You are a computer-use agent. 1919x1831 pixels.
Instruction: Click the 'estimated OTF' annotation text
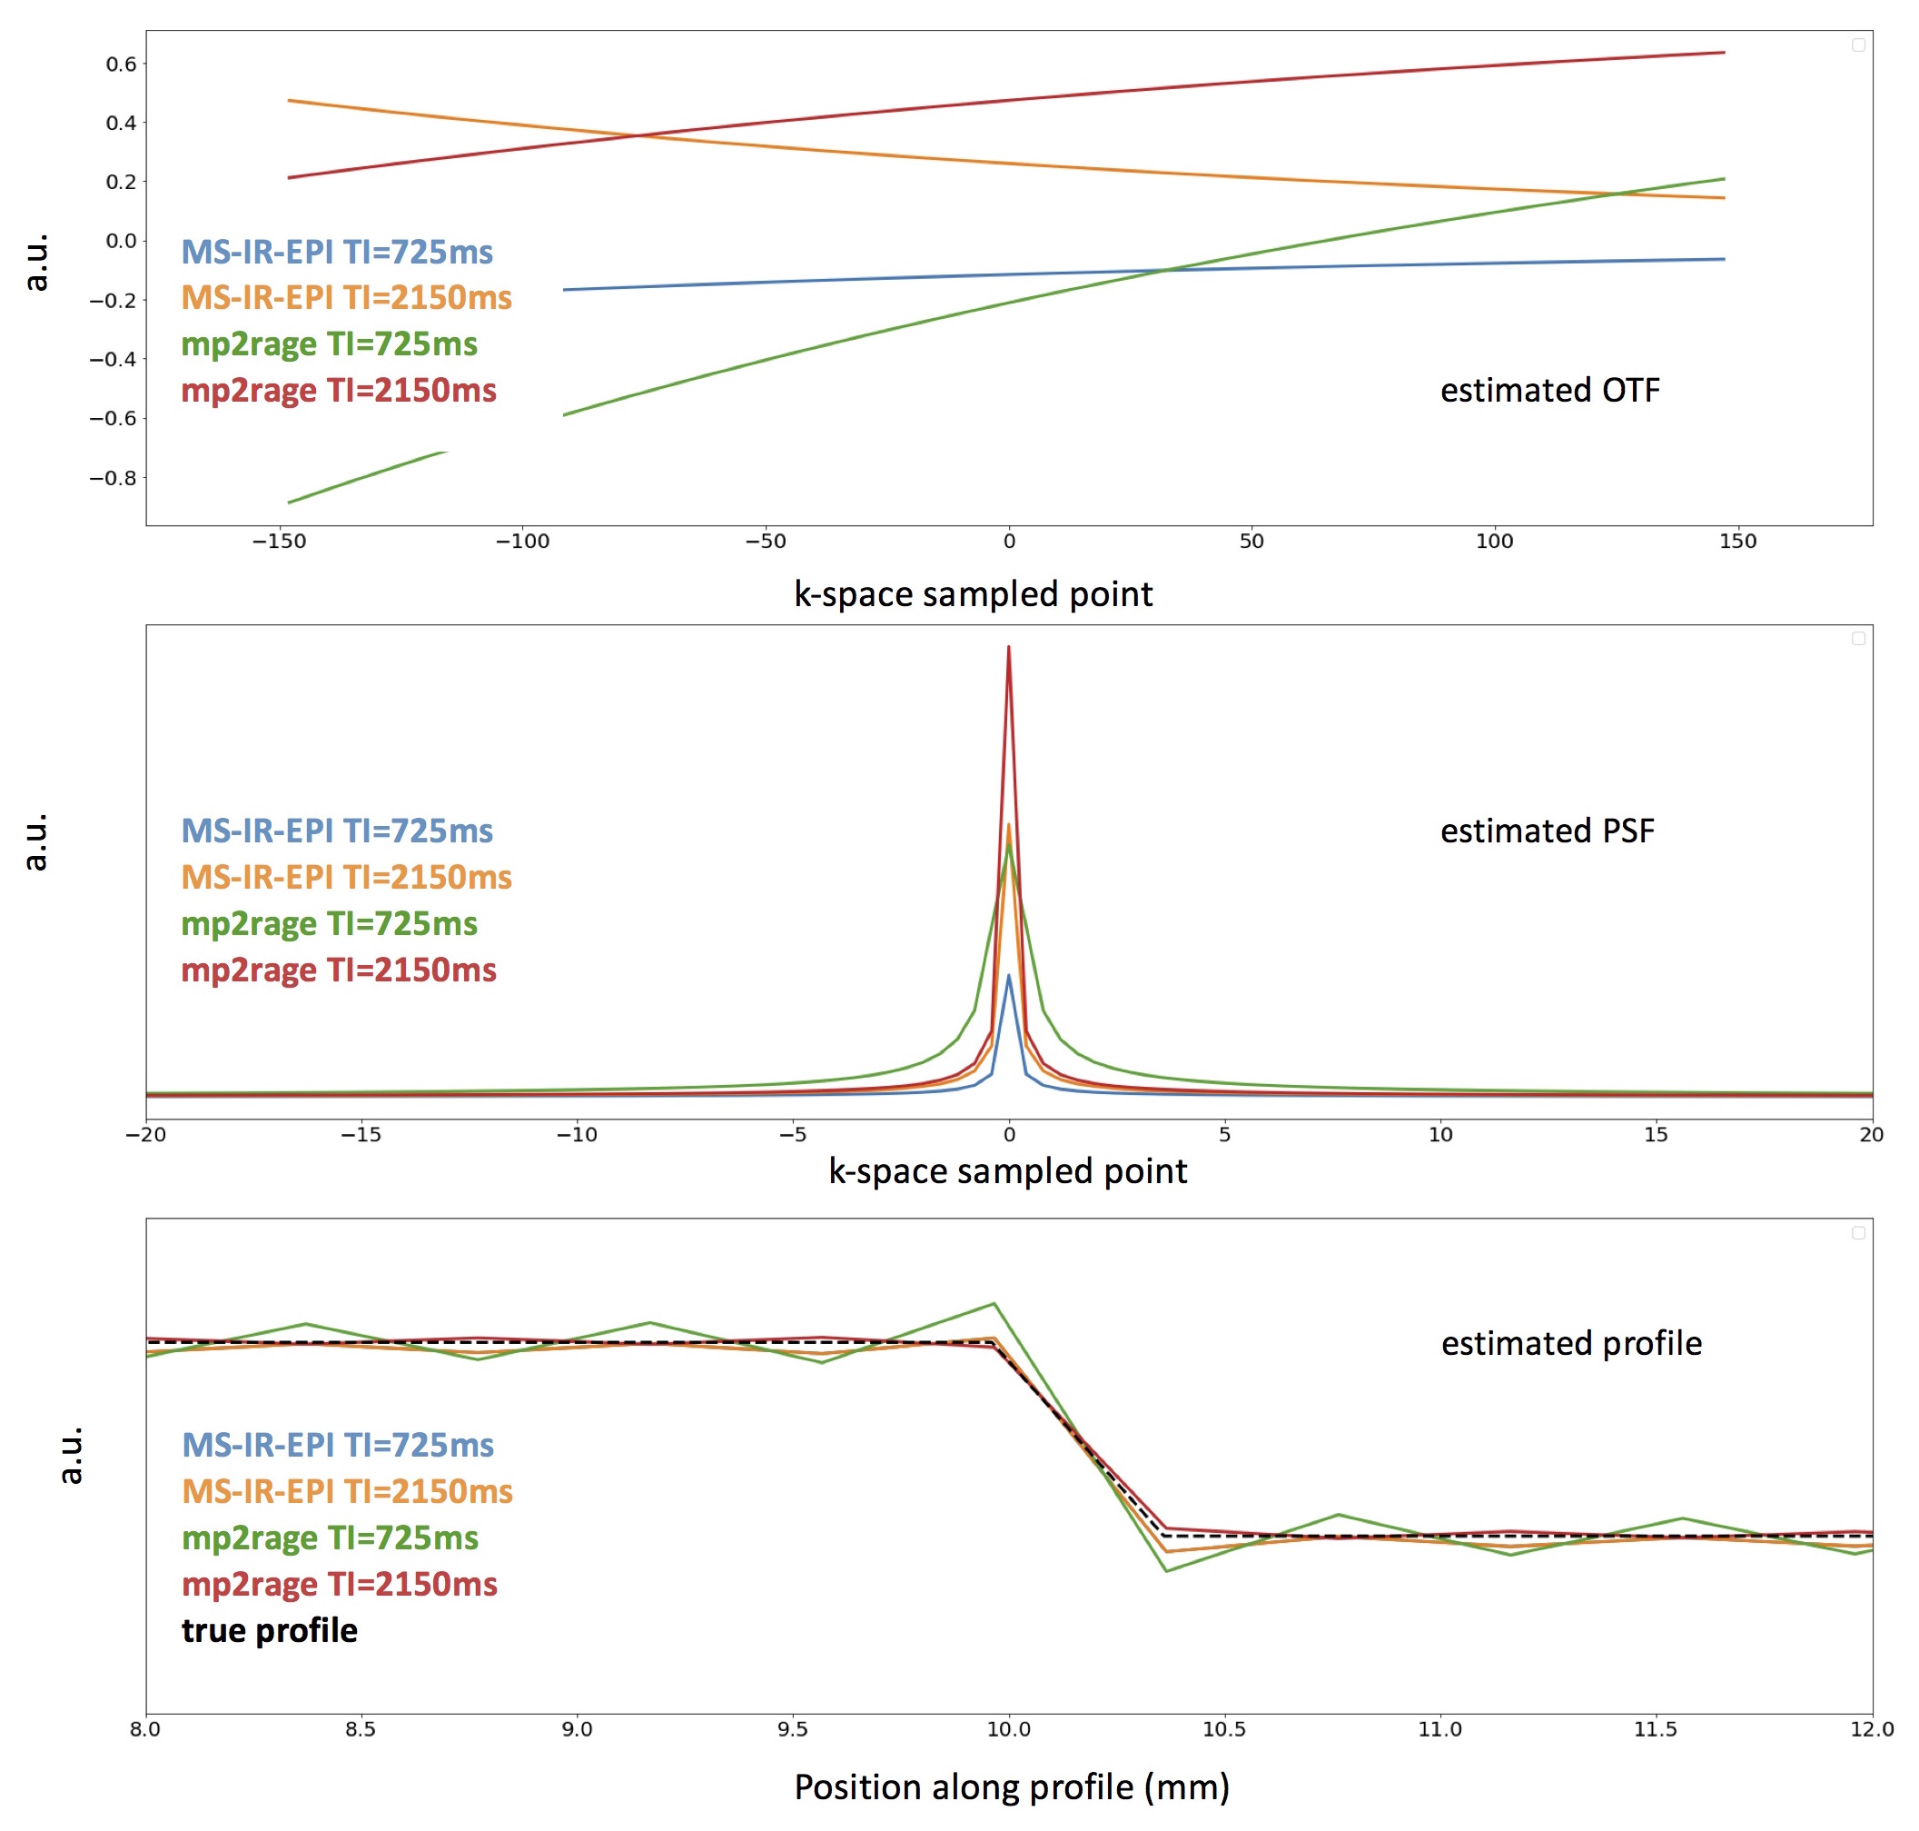point(1548,391)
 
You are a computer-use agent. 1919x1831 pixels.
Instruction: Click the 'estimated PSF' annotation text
point(1547,831)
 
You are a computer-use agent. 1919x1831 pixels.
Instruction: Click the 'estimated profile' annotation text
point(1571,1343)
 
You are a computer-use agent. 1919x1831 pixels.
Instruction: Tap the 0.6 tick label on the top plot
point(121,65)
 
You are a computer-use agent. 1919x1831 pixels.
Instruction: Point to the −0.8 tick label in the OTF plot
point(113,478)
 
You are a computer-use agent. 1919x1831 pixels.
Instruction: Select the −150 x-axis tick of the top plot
point(279,542)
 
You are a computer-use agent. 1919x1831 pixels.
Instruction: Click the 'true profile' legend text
point(269,1630)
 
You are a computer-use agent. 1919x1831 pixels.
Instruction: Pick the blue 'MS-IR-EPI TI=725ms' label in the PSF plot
point(337,831)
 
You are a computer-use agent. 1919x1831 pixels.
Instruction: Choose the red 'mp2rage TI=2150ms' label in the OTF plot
point(339,391)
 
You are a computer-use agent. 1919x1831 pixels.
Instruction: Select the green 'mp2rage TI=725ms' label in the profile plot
point(330,1537)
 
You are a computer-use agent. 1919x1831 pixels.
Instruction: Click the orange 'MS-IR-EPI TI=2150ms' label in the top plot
point(346,298)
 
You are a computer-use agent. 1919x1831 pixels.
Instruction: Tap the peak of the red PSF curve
point(1008,647)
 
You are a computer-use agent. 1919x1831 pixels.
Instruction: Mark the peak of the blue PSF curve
point(1008,975)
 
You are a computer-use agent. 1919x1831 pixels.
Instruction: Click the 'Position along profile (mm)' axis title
point(1012,1786)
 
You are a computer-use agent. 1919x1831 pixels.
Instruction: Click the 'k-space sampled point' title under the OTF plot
point(973,593)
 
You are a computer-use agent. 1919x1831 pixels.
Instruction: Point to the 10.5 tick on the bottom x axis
point(1223,1729)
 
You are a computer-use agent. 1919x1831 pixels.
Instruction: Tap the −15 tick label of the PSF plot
point(360,1134)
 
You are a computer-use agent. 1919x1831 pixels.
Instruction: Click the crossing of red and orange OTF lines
point(638,134)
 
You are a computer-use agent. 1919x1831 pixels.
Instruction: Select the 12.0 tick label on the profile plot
point(1871,1729)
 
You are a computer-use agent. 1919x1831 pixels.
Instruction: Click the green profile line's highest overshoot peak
point(994,1304)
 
